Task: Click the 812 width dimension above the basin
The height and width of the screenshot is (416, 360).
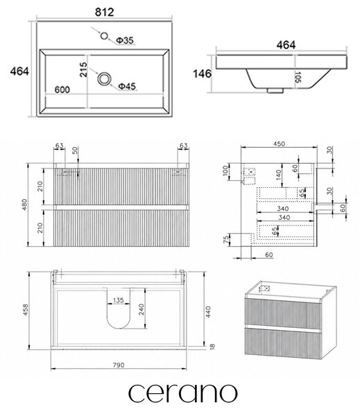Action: pos(104,12)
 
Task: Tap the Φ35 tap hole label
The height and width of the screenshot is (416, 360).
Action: pos(125,40)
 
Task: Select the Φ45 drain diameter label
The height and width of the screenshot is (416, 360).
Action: pos(127,86)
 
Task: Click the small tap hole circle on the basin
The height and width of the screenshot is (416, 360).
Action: pos(104,35)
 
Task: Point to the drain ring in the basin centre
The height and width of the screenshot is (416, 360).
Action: pos(104,79)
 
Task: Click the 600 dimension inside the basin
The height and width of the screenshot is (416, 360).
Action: pos(62,89)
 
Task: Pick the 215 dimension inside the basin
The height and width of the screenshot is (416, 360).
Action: pos(83,69)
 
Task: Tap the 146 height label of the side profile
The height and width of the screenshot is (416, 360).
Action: pos(203,73)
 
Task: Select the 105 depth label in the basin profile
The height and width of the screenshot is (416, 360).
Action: pos(298,77)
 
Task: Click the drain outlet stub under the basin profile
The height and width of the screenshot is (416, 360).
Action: pos(275,91)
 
